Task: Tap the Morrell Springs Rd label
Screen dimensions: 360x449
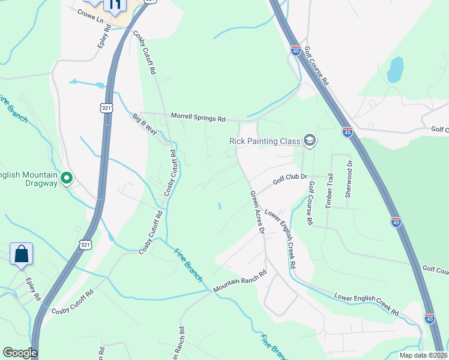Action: click(x=197, y=118)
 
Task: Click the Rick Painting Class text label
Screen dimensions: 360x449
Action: click(x=264, y=141)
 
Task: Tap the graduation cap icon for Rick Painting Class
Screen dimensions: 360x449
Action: click(x=310, y=141)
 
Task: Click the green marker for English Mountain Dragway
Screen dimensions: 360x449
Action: click(x=67, y=178)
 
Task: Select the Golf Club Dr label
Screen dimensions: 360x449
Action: click(x=290, y=178)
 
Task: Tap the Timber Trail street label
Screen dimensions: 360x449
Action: click(x=329, y=191)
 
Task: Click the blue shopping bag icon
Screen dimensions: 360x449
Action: click(x=22, y=254)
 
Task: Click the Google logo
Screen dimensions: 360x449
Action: click(x=20, y=353)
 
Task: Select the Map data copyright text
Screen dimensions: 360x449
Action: click(x=423, y=355)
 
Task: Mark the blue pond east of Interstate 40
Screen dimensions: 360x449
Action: click(x=395, y=70)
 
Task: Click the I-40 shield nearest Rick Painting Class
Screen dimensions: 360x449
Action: click(x=347, y=131)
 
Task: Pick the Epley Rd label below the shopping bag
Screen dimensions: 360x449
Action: click(x=32, y=289)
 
